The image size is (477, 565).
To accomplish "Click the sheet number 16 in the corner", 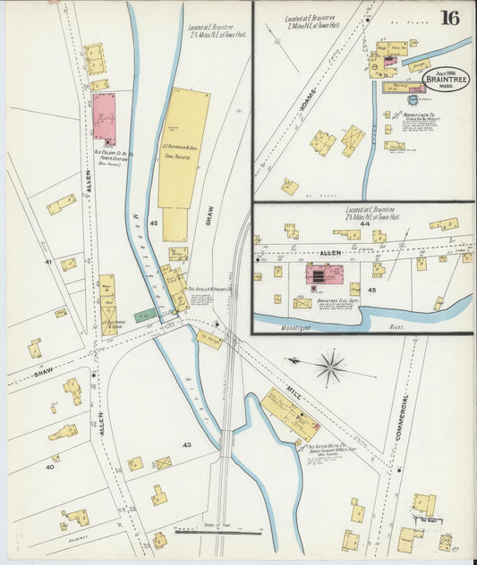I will click(x=450, y=18).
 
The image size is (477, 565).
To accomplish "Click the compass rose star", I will click(x=330, y=366).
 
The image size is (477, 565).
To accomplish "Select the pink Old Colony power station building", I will click(x=105, y=117).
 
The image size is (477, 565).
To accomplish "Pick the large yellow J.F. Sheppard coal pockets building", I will click(x=183, y=148).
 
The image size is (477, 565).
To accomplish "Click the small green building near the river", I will click(x=144, y=315).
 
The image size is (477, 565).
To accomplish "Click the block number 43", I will click(x=187, y=444).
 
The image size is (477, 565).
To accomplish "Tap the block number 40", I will click(x=49, y=466).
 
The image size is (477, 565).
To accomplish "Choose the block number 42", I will click(x=154, y=222).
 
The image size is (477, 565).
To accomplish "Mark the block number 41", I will click(x=47, y=262).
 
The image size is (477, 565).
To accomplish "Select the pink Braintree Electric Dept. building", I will click(x=322, y=274).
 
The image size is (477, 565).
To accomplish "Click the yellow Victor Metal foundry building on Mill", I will click(x=290, y=414).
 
